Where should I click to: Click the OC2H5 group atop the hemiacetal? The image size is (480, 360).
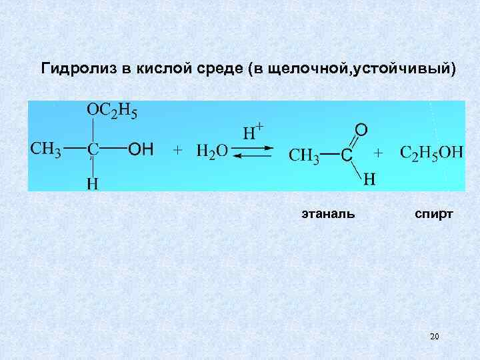(113, 112)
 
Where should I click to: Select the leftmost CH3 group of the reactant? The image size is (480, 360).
(46, 149)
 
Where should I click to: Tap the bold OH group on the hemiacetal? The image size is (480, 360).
(141, 150)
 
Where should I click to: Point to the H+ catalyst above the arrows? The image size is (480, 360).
(252, 131)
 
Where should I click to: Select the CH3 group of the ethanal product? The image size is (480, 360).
(304, 155)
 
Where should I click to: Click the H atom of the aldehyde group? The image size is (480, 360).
(369, 179)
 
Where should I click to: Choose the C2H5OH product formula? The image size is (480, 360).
(431, 152)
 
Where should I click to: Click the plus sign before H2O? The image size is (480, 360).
(178, 151)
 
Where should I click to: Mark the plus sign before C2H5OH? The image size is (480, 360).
(379, 153)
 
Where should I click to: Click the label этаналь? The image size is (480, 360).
(327, 214)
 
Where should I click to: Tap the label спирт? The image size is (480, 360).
(434, 214)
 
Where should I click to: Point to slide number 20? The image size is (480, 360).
(435, 337)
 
